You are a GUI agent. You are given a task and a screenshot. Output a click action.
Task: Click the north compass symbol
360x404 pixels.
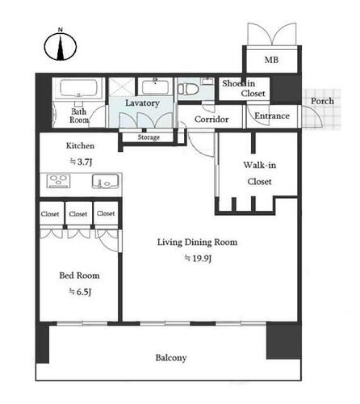pos(61,45)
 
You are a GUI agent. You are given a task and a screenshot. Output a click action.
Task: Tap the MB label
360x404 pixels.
pos(271,60)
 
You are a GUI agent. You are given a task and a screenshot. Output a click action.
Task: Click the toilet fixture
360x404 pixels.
pos(188,88)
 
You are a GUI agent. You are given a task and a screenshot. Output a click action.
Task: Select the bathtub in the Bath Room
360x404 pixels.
pos(78,88)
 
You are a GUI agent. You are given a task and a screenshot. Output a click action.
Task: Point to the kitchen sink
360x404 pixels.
pos(105,181)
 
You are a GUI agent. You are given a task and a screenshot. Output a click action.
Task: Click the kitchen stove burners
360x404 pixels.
pos(58,181)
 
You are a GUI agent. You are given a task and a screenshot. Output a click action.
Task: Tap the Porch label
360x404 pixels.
pos(322,101)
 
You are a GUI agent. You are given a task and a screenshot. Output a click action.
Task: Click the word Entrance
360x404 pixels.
pos(272,116)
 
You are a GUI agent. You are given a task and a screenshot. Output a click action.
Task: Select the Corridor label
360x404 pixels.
pos(211,119)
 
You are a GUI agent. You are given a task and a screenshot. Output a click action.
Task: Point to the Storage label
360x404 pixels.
pos(149,137)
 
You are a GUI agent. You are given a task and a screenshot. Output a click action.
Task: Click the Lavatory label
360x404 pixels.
pos(142,103)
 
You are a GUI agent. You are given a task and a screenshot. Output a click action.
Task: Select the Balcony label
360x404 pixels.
pos(171,358)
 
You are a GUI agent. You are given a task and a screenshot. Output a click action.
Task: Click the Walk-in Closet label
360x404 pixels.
pos(260,173)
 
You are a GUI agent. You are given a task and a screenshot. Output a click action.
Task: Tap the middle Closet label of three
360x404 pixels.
pos(78,214)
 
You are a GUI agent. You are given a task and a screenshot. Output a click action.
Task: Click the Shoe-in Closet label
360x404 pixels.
pos(244,88)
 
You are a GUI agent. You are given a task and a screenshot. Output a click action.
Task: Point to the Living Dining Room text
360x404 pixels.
pos(197,242)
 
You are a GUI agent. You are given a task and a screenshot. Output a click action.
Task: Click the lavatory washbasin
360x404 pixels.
pos(155,86)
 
